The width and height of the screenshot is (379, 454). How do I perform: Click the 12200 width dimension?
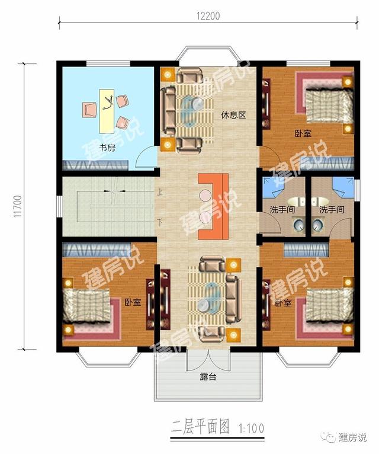click(207, 16)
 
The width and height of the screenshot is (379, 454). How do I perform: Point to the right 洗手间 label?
click(332, 209)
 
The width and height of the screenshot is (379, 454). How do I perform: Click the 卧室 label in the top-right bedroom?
click(303, 133)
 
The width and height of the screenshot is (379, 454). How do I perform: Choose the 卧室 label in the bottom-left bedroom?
click(133, 302)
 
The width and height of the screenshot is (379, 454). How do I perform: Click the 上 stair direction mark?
click(160, 192)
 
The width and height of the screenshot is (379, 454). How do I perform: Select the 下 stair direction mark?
click(160, 222)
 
